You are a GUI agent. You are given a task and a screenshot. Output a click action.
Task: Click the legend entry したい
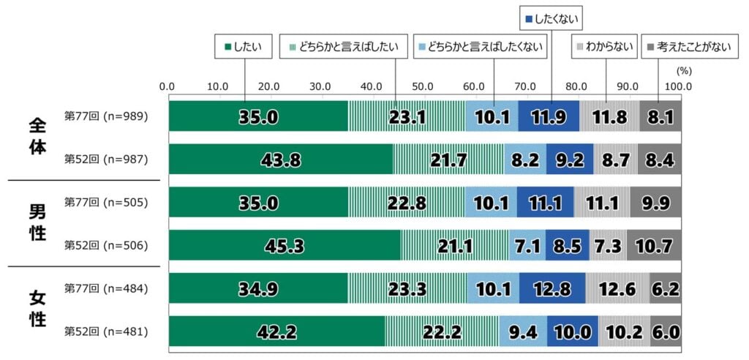244,48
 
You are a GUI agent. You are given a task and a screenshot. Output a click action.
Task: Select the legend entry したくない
546,15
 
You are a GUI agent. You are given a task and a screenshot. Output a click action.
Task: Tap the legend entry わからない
605,48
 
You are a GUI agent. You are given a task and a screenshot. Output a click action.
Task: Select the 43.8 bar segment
281,160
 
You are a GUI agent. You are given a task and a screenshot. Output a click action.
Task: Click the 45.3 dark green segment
285,245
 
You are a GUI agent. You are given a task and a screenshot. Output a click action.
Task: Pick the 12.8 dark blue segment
552,288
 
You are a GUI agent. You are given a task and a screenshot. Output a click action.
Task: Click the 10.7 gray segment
654,245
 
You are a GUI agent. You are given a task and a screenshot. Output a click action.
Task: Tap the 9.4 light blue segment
523,331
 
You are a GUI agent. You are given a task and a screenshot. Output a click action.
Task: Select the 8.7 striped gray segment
615,160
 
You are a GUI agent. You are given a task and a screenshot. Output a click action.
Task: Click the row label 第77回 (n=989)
107,116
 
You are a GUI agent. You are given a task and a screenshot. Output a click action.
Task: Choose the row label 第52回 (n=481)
107,331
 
